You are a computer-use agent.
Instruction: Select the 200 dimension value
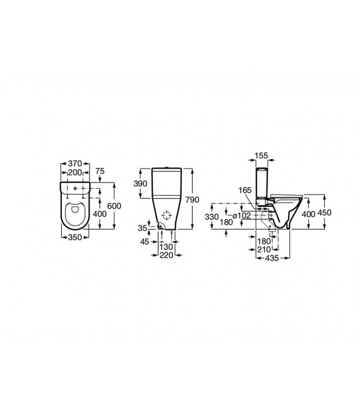pyautogui.click(x=75, y=172)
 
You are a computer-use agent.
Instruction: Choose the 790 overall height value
pyautogui.click(x=194, y=200)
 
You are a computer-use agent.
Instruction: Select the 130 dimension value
pyautogui.click(x=165, y=247)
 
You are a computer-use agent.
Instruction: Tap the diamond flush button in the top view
pyautogui.click(x=76, y=188)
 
